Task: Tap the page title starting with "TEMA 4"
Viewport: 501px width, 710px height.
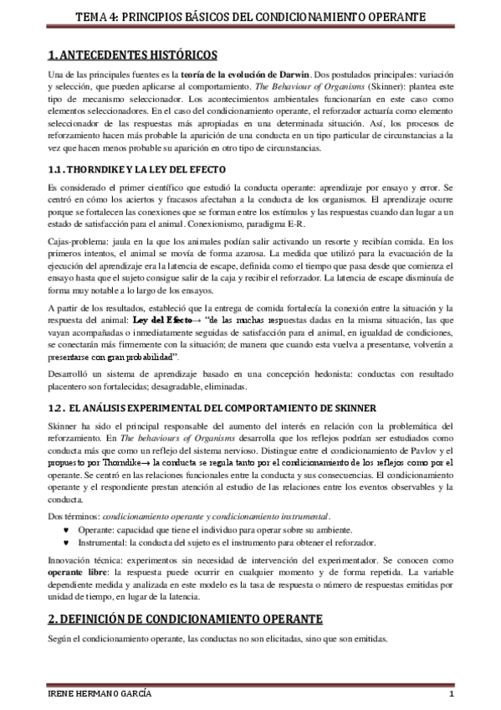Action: click(250, 16)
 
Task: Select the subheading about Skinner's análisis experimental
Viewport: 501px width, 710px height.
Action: click(212, 408)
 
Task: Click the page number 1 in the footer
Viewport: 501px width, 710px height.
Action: click(451, 697)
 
